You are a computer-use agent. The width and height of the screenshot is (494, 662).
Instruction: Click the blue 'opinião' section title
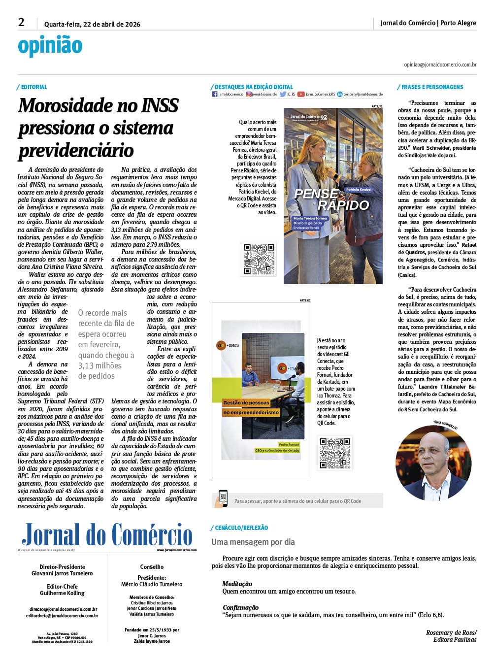(50, 46)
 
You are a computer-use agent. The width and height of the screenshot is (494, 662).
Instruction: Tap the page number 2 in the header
(21, 22)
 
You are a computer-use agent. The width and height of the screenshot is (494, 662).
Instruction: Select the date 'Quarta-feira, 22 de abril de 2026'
(92, 24)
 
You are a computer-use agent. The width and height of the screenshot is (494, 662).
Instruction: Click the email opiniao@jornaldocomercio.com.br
(440, 65)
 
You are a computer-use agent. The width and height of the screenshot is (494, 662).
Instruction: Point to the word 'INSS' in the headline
(160, 105)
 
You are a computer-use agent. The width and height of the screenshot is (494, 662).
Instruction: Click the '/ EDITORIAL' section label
(33, 87)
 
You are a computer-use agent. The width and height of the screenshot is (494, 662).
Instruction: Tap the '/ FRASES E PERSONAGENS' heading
(430, 87)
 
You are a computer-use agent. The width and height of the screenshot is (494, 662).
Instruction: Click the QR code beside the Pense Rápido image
(259, 259)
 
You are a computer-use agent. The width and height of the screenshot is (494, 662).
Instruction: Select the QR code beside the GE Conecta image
(335, 453)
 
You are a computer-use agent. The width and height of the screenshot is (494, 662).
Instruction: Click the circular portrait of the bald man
(433, 463)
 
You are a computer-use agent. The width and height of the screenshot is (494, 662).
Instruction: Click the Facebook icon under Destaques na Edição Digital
(215, 94)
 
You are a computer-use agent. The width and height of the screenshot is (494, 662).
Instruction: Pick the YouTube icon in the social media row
(300, 94)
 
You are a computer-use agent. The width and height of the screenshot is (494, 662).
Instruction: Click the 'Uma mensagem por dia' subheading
(253, 542)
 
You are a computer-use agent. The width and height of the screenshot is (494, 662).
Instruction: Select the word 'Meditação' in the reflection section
(237, 584)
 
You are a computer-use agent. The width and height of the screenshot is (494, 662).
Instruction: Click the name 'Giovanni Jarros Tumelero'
(62, 573)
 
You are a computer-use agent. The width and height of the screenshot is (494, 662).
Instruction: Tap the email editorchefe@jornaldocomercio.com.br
(62, 616)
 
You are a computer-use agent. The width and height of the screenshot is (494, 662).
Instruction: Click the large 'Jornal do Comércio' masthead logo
(107, 534)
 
